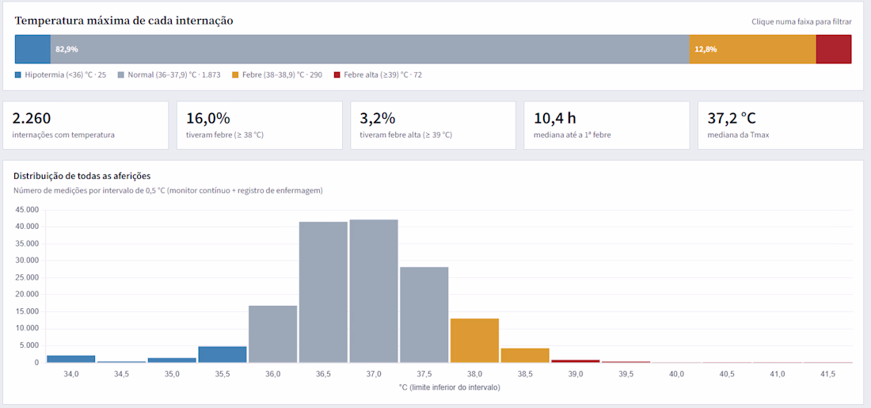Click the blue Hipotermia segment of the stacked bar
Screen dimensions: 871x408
[32, 49]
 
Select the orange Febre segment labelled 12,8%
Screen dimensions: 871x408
[753, 49]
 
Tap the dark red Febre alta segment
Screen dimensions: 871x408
[834, 49]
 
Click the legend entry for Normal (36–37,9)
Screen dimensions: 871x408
[169, 74]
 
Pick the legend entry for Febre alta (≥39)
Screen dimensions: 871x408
[377, 74]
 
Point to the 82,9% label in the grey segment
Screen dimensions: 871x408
[67, 49]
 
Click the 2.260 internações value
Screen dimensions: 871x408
[32, 118]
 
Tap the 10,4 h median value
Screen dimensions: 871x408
[555, 118]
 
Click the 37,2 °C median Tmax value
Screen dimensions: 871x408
[732, 118]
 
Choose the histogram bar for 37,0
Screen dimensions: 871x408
[374, 291]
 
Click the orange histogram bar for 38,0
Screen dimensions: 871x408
[474, 340]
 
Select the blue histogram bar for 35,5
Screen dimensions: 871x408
[223, 355]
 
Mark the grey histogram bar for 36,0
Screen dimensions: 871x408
[272, 334]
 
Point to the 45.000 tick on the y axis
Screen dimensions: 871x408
[26, 210]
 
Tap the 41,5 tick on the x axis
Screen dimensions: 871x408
[827, 374]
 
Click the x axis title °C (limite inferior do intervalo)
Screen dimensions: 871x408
[450, 387]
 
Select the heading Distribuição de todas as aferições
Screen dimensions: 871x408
[82, 176]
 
